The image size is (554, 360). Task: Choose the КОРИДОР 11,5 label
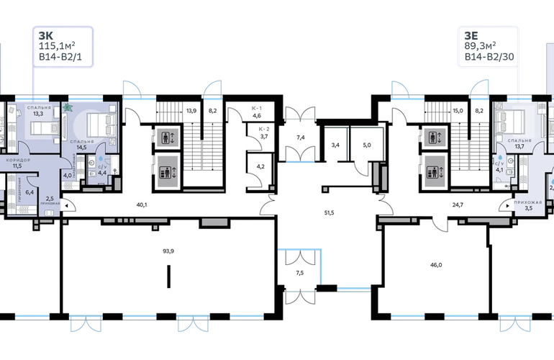[17, 163]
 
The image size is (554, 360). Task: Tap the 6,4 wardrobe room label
[29, 192]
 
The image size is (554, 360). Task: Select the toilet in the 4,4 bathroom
[93, 163]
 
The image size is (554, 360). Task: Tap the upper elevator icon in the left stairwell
[165, 135]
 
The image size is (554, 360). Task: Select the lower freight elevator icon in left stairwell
[165, 171]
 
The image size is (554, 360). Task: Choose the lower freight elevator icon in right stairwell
[432, 171]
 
